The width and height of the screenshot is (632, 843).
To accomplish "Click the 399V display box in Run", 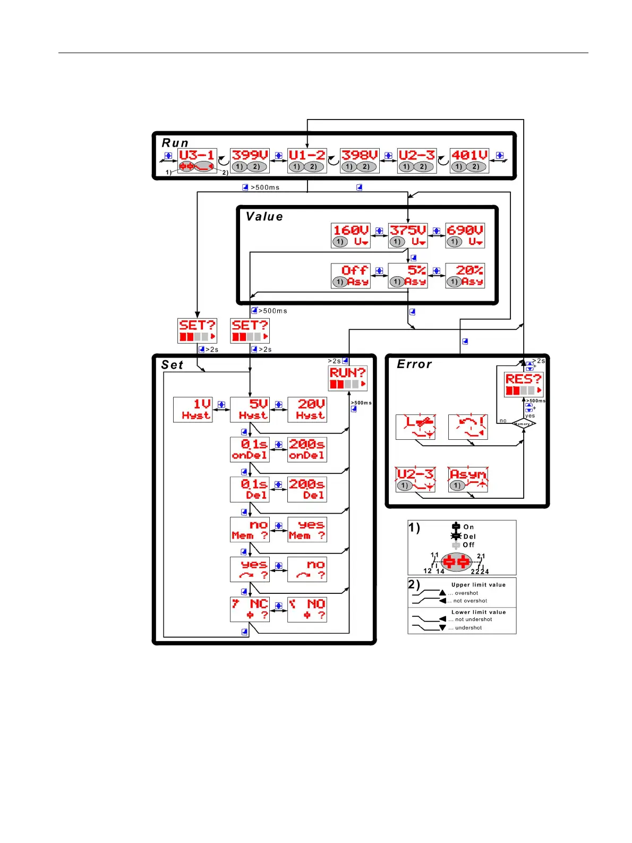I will (x=250, y=160).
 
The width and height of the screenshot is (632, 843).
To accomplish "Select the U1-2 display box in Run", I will (x=307, y=160).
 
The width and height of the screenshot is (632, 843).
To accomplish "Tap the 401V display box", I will (x=469, y=160).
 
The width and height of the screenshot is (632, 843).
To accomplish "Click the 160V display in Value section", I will (x=351, y=235).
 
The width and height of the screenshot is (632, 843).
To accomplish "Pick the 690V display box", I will (x=465, y=235).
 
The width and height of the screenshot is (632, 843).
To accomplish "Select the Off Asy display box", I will (x=351, y=276).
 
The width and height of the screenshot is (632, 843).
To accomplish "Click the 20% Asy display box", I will (x=465, y=276).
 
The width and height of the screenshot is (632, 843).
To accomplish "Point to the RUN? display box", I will (x=348, y=378).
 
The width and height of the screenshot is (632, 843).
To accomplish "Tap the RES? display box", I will (x=524, y=384).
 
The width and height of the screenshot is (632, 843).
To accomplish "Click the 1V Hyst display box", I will (x=193, y=410).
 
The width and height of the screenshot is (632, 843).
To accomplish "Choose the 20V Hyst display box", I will (x=307, y=410).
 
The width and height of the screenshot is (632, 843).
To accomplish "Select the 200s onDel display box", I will (x=307, y=449).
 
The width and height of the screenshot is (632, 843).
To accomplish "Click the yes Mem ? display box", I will (x=307, y=530).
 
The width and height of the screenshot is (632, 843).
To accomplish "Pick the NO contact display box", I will (x=307, y=609).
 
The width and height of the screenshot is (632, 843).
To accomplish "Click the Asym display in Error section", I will (x=468, y=479).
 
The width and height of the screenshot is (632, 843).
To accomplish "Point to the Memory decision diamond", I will (x=524, y=423).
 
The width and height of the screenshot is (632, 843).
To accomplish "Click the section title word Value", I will (x=264, y=217).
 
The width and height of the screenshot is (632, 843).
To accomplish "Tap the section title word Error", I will (x=414, y=364).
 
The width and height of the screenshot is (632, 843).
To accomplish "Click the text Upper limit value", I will (x=479, y=585).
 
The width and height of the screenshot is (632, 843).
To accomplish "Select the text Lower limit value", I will (x=479, y=612).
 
